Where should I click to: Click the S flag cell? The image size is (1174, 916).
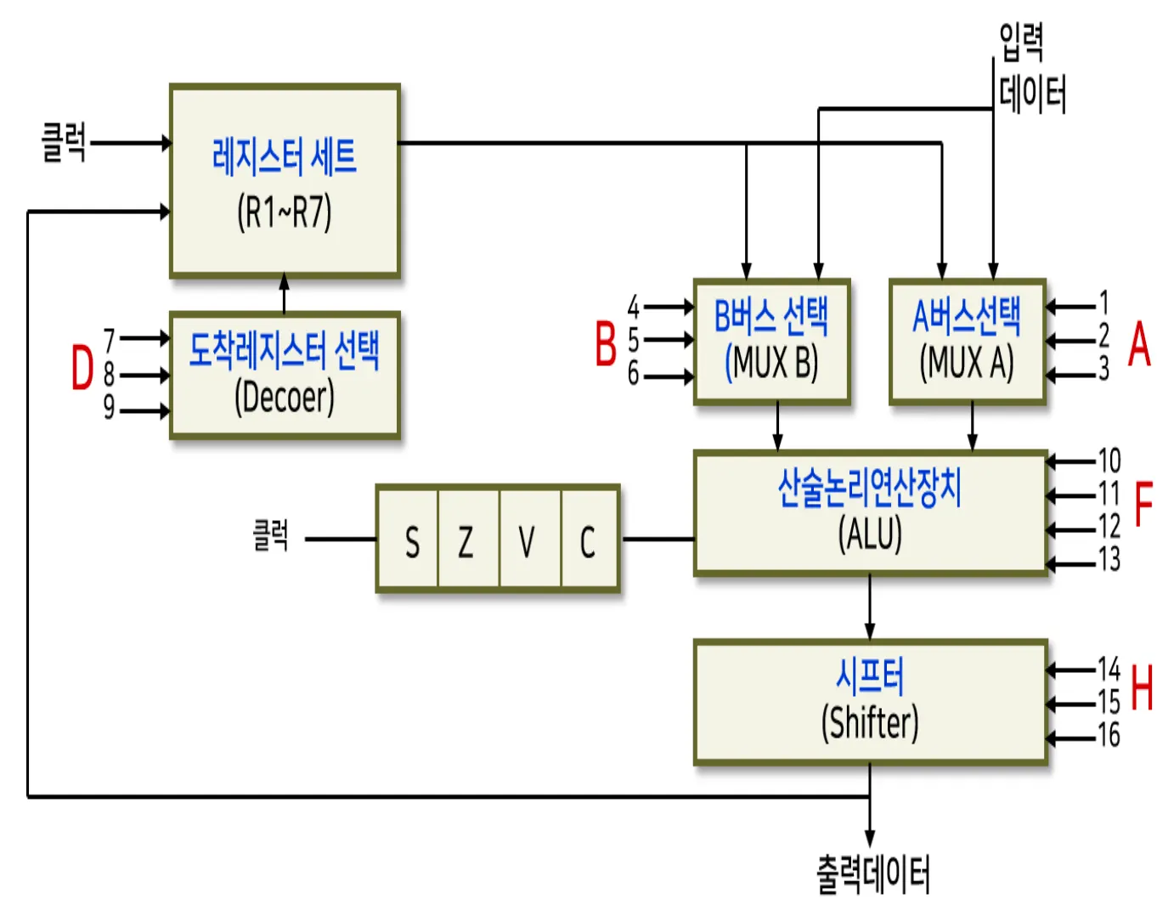pos(412,540)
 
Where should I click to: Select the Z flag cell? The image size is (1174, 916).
pos(466,540)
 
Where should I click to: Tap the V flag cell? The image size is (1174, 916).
pos(527,540)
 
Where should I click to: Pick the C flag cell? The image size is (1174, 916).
pos(587,540)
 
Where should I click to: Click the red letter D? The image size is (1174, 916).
pos(82,368)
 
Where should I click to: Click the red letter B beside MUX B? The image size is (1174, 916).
pos(605,344)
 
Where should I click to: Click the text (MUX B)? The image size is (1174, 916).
pos(771,363)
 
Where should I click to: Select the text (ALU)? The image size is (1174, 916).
pos(870,534)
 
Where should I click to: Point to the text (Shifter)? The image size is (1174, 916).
pos(870,723)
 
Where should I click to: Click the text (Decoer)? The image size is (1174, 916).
pos(284,396)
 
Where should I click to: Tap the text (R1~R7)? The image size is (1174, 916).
pos(284,212)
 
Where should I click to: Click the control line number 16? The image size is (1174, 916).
pos(1109,734)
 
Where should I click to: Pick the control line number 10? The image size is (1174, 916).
pos(1109,461)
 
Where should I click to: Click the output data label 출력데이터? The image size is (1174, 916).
pos(873,874)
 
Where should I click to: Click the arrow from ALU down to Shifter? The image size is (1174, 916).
pos(870,607)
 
